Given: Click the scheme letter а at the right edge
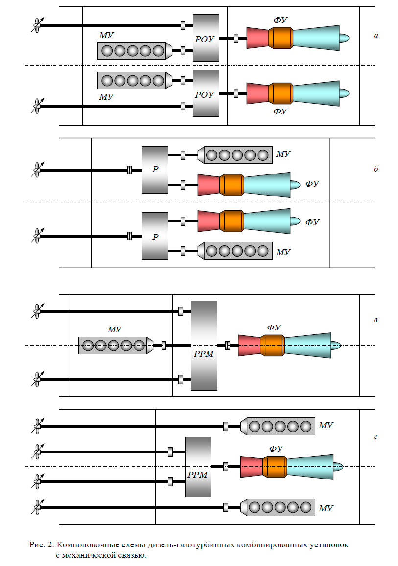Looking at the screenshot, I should pos(376,36).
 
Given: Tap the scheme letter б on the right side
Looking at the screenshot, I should pos(376,169).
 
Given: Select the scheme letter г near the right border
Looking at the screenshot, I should pos(375,436).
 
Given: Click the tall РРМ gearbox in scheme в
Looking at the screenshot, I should pos(204,346).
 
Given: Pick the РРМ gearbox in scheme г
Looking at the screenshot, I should pos(198,467).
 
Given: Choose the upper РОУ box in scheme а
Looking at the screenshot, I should pos(206,38).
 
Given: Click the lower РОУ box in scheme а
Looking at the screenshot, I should pos(206,93).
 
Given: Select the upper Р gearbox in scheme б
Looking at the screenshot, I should pos(155,169).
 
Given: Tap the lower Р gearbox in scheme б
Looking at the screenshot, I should pos(155,236).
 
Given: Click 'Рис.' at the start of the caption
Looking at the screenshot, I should pos(38,544).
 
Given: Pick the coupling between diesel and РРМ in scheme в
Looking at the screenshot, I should pos(164,346).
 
